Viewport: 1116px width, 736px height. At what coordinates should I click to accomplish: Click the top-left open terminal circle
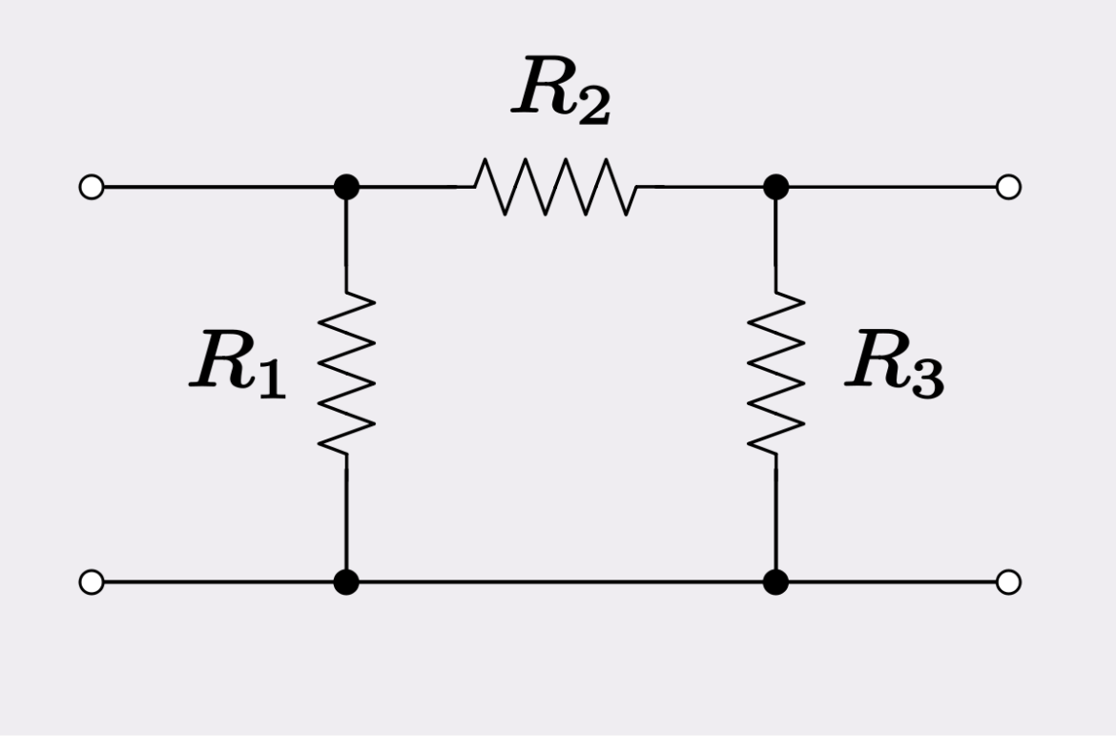(92, 187)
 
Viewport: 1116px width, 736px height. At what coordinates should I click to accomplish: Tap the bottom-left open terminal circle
(92, 582)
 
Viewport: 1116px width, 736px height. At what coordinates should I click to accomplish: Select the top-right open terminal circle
(1008, 187)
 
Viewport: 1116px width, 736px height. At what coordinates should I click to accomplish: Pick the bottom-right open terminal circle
(1008, 582)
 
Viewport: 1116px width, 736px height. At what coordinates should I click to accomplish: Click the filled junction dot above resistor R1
(346, 187)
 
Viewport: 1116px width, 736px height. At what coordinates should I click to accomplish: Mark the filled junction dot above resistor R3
(775, 187)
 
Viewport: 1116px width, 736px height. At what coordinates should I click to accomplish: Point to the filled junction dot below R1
(346, 582)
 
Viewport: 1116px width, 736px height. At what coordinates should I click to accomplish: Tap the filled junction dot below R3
(775, 582)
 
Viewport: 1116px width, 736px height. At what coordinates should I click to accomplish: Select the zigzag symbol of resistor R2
(557, 187)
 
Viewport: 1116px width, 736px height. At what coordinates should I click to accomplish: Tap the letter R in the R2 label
(543, 88)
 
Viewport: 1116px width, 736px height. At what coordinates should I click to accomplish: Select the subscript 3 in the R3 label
(926, 379)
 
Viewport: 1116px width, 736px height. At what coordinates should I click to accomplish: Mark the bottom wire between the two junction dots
(561, 582)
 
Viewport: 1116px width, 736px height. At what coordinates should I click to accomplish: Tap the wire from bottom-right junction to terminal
(892, 582)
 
